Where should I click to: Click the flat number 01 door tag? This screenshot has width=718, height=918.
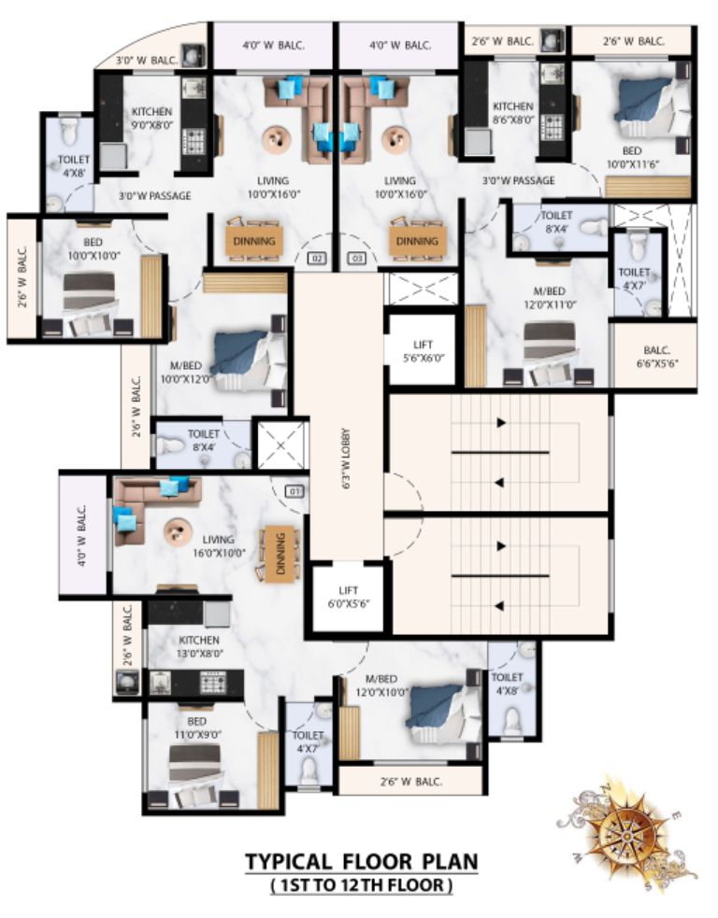pos(294,490)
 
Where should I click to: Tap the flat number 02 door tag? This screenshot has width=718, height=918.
pos(317,258)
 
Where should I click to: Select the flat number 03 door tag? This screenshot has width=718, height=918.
pos(356,258)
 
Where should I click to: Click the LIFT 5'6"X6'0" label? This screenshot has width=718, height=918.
pos(423,351)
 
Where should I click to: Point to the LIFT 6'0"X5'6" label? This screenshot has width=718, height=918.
pos(348,597)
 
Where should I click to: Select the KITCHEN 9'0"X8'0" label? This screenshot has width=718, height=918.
pos(151,117)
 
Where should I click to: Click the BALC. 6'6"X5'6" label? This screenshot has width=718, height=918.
pos(656,356)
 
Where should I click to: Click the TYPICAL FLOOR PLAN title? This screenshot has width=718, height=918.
pos(361,861)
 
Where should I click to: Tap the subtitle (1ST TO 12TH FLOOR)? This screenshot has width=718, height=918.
pos(362,884)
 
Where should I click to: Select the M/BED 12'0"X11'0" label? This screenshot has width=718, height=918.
pos(550,297)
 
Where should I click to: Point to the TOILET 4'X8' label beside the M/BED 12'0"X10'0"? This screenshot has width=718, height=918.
pos(507,684)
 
